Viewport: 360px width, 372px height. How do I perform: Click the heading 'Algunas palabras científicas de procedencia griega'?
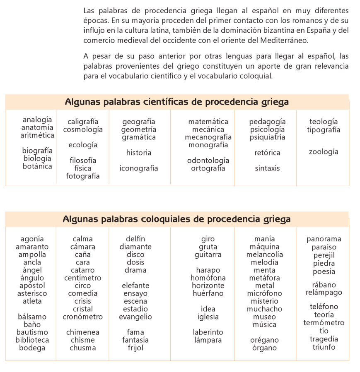[177, 102]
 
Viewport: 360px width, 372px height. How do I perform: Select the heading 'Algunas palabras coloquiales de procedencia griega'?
[177, 219]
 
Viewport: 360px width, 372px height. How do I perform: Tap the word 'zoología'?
[324, 152]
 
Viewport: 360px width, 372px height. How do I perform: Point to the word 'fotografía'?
[83, 176]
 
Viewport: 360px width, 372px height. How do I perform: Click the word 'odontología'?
[208, 161]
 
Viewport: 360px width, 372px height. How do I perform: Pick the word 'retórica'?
[267, 153]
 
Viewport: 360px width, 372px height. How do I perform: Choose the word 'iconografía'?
[139, 168]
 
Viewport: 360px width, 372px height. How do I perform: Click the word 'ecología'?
[83, 145]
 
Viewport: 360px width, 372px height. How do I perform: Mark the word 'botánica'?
[37, 166]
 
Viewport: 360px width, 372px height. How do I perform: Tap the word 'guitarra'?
[208, 254]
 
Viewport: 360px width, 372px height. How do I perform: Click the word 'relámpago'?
[324, 293]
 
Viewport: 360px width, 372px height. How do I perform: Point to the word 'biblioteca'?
[32, 340]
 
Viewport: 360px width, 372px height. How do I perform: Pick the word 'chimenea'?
[83, 332]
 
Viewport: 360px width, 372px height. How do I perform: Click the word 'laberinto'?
[208, 332]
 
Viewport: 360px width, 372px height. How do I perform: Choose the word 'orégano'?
[265, 340]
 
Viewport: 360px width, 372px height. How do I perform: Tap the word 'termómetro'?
[324, 323]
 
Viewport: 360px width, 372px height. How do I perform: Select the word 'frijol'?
[135, 348]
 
